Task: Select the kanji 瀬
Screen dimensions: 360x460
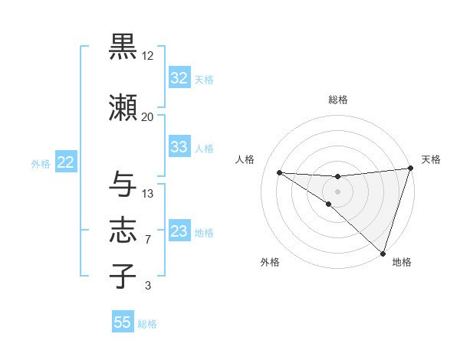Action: [x=123, y=108]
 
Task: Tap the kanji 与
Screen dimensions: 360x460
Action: [x=123, y=185]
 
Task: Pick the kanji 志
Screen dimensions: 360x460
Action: [x=123, y=231]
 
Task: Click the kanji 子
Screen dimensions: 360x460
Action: [x=123, y=276]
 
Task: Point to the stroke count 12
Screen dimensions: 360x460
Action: [x=148, y=56]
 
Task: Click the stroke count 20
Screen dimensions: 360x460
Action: [x=148, y=116]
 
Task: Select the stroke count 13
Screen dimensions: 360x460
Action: [x=148, y=193]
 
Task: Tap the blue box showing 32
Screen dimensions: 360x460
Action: [x=179, y=78]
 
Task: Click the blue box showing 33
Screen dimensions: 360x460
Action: [x=179, y=148]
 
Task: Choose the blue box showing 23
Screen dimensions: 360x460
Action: [x=179, y=231]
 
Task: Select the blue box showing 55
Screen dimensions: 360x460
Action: [x=123, y=322]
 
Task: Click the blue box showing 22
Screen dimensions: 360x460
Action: [x=65, y=162]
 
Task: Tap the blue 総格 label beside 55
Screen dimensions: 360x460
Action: [x=147, y=324]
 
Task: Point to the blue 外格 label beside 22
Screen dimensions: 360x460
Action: [x=40, y=163]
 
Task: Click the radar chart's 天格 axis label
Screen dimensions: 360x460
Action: [x=431, y=159]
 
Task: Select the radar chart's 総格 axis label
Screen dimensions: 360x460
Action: [x=338, y=100]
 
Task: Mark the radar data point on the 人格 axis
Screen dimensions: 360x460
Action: [x=279, y=172]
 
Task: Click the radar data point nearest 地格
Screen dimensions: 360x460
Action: [x=383, y=253]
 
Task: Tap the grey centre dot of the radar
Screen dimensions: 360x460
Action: [x=337, y=191]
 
